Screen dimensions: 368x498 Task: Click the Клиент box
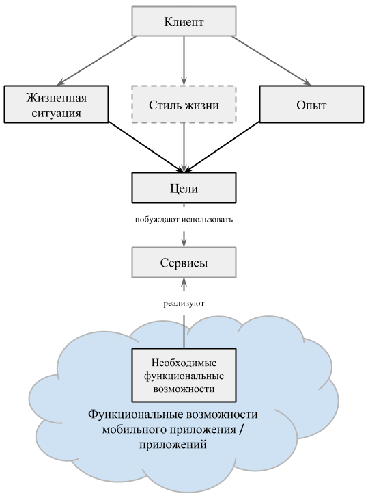pyautogui.click(x=184, y=21)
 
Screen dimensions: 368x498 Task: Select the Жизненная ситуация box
pyautogui.click(x=57, y=104)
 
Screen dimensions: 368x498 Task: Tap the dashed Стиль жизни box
pyautogui.click(x=184, y=104)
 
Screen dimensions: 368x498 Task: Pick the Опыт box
pyautogui.click(x=311, y=104)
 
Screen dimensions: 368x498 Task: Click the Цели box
pyautogui.click(x=184, y=187)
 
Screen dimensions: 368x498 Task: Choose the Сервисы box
pyautogui.click(x=184, y=263)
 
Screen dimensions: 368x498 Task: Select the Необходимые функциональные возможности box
pyautogui.click(x=184, y=375)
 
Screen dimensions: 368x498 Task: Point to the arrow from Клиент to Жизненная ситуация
pyautogui.click(x=97, y=61)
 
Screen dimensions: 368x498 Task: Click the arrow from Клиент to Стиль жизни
pyautogui.click(x=184, y=61)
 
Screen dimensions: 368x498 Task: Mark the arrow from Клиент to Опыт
pyautogui.click(x=271, y=61)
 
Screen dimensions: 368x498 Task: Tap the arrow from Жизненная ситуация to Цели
pyautogui.click(x=146, y=147)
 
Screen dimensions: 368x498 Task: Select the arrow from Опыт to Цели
pyautogui.click(x=222, y=147)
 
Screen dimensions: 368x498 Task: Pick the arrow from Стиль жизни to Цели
pyautogui.click(x=184, y=148)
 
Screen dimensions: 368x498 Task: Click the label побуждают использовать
pyautogui.click(x=184, y=220)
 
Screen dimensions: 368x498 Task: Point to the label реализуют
pyautogui.click(x=184, y=304)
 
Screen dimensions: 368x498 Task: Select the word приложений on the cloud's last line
pyautogui.click(x=173, y=444)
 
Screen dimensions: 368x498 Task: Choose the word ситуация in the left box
pyautogui.click(x=57, y=113)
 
